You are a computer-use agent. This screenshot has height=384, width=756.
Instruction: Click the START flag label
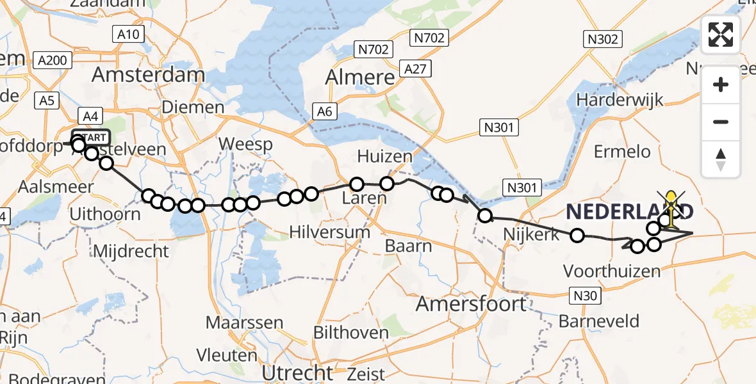(x=95, y=138)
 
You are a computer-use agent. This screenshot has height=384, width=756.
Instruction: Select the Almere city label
(x=360, y=77)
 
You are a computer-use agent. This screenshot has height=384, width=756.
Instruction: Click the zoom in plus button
(x=721, y=84)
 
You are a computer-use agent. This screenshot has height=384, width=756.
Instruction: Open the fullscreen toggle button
(x=721, y=35)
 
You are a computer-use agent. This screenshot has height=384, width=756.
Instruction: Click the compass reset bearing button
(x=721, y=159)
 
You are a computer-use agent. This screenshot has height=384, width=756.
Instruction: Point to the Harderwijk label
(x=620, y=100)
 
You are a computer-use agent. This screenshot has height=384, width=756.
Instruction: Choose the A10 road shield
(x=130, y=34)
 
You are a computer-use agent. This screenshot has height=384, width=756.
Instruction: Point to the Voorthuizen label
(x=612, y=271)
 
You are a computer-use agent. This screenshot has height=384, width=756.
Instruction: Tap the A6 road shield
(x=325, y=112)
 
